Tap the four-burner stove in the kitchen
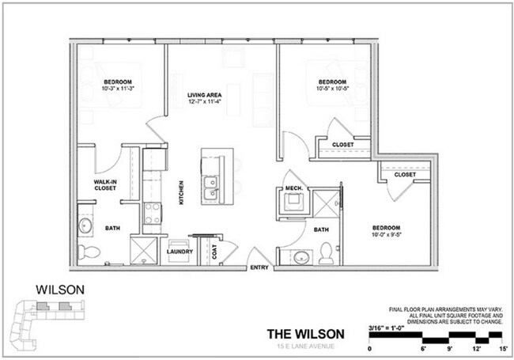[x=152, y=212]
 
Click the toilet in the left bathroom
[x=92, y=252]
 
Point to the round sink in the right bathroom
[x=300, y=256]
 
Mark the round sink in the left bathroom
[x=85, y=226]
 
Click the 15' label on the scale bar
[x=503, y=348]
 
